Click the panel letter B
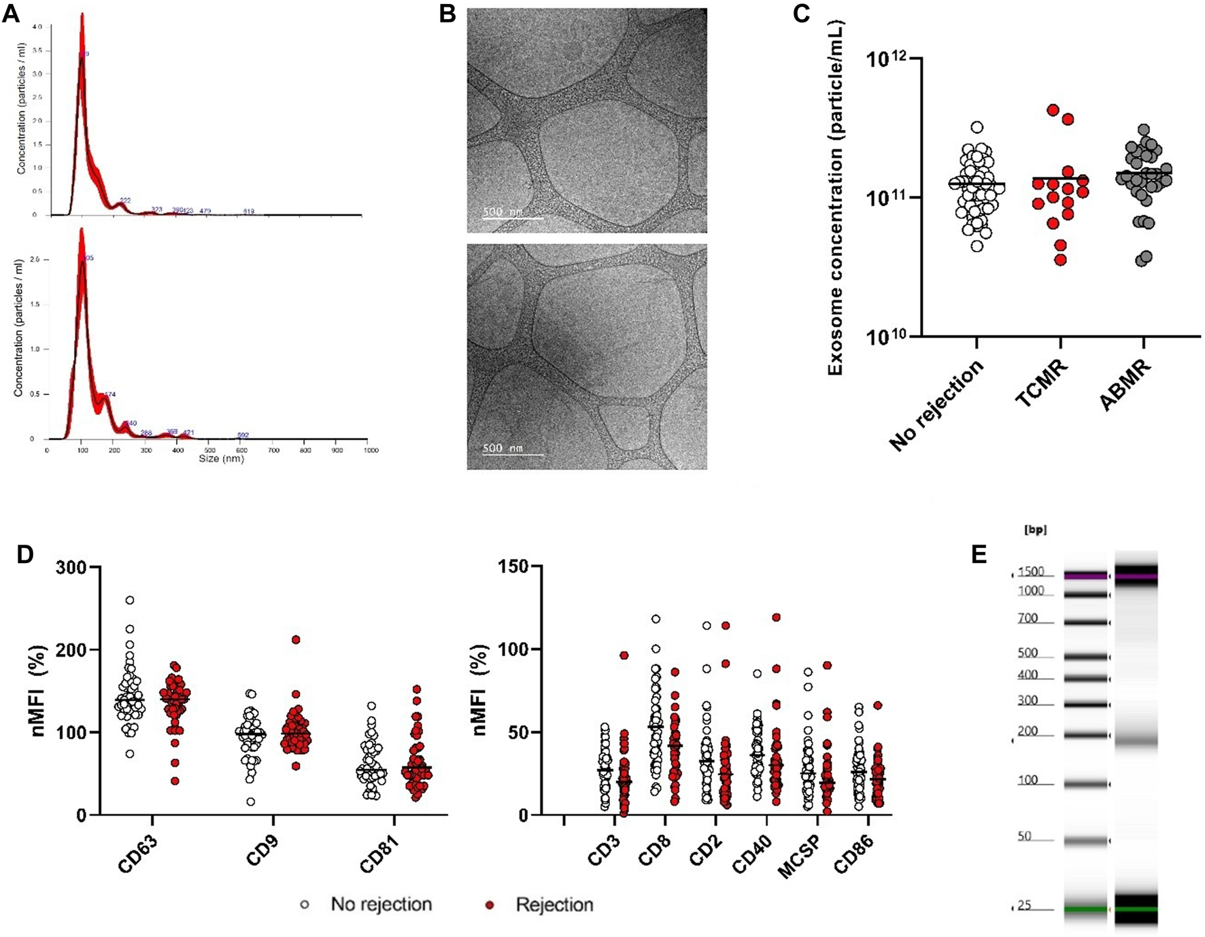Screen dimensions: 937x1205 447,14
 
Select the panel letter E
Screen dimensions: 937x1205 979,555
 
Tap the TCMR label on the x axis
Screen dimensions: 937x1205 1042,384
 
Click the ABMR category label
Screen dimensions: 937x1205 1125,386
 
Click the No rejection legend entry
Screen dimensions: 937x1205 381,905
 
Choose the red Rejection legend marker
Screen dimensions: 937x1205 488,905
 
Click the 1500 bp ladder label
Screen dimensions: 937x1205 1031,572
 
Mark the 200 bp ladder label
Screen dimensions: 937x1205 1028,732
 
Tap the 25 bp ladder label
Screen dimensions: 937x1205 1024,906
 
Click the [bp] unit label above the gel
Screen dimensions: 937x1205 1034,530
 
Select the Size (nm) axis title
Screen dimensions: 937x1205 221,459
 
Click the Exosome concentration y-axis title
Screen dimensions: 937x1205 836,197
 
